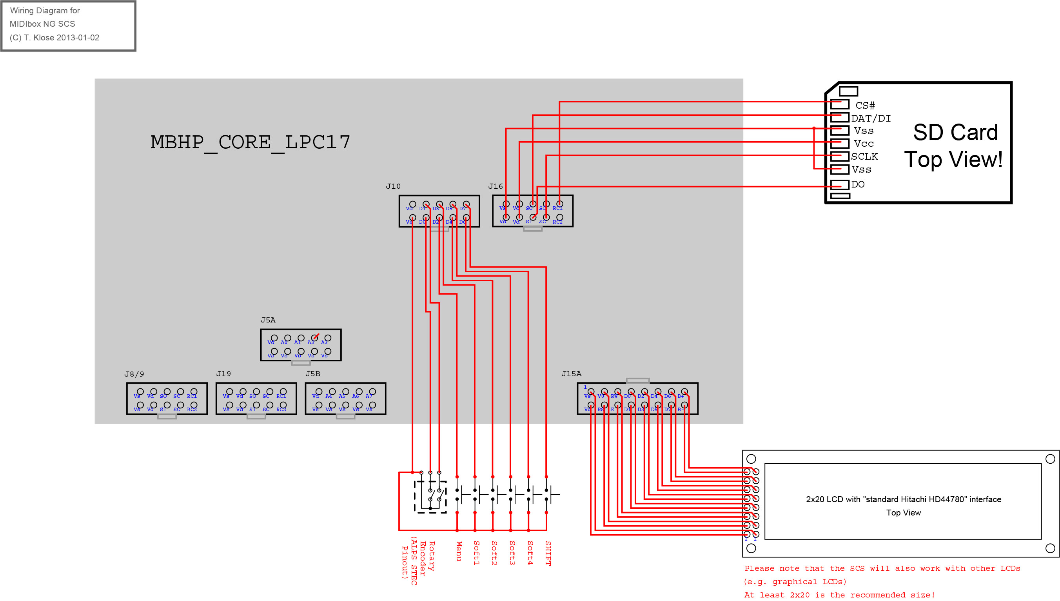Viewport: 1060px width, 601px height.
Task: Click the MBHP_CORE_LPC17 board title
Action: pyautogui.click(x=250, y=142)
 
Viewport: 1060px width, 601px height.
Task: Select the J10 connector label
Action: pyautogui.click(x=393, y=186)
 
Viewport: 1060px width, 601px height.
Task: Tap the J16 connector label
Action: pyautogui.click(x=496, y=186)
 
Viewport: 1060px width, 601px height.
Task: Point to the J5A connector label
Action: pyautogui.click(x=268, y=320)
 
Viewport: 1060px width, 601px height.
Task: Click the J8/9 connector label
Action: pyautogui.click(x=134, y=374)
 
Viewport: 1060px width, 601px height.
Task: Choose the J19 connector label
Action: pyautogui.click(x=223, y=373)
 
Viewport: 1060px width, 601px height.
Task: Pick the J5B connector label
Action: pyautogui.click(x=313, y=373)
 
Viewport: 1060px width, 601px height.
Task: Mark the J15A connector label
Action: pyautogui.click(x=571, y=373)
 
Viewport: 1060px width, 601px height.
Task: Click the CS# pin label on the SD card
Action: pyautogui.click(x=865, y=106)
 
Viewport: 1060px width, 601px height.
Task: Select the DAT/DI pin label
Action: pyautogui.click(x=871, y=118)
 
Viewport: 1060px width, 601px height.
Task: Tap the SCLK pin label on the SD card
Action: pyautogui.click(x=864, y=157)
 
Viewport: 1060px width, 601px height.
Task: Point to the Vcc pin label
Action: pyautogui.click(x=864, y=144)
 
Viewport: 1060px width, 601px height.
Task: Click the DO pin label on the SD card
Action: pyautogui.click(x=857, y=184)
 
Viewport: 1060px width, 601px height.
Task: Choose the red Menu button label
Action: pyautogui.click(x=458, y=551)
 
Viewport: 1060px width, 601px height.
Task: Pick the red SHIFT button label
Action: pyautogui.click(x=548, y=553)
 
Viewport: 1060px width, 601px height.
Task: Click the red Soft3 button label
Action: pyautogui.click(x=512, y=553)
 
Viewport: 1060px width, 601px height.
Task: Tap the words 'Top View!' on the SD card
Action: pyautogui.click(x=953, y=160)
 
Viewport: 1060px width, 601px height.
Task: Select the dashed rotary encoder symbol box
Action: pyautogui.click(x=430, y=497)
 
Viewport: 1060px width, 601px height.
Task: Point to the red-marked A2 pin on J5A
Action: pyautogui.click(x=315, y=338)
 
